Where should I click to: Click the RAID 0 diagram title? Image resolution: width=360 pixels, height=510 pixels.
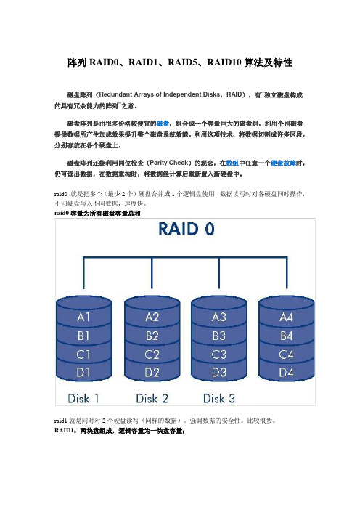(187, 229)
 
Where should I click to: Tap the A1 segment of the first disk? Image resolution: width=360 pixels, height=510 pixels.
(83, 317)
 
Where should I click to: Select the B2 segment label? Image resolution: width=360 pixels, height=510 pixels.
(152, 336)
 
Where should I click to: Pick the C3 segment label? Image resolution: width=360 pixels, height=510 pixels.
(219, 355)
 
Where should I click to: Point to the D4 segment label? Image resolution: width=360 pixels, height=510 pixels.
(286, 373)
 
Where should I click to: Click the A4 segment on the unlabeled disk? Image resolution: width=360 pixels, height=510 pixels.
(286, 317)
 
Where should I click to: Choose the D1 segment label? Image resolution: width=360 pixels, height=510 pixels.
(83, 373)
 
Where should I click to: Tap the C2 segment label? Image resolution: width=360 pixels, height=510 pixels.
(152, 355)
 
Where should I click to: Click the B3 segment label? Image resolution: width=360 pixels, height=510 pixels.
(219, 336)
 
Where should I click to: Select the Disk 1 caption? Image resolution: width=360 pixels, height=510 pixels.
(83, 399)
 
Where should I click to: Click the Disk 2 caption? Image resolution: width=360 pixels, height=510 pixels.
(152, 399)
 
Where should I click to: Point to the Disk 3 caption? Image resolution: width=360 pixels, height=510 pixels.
(219, 399)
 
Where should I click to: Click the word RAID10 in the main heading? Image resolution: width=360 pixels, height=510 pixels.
(224, 62)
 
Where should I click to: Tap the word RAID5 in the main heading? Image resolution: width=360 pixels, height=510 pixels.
(182, 62)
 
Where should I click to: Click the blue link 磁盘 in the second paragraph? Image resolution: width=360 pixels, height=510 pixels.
(163, 124)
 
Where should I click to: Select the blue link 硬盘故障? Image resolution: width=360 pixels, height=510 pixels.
(283, 163)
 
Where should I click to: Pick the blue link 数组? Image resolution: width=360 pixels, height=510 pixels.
(232, 163)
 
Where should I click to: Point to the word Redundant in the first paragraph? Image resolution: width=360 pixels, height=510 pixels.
(115, 94)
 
